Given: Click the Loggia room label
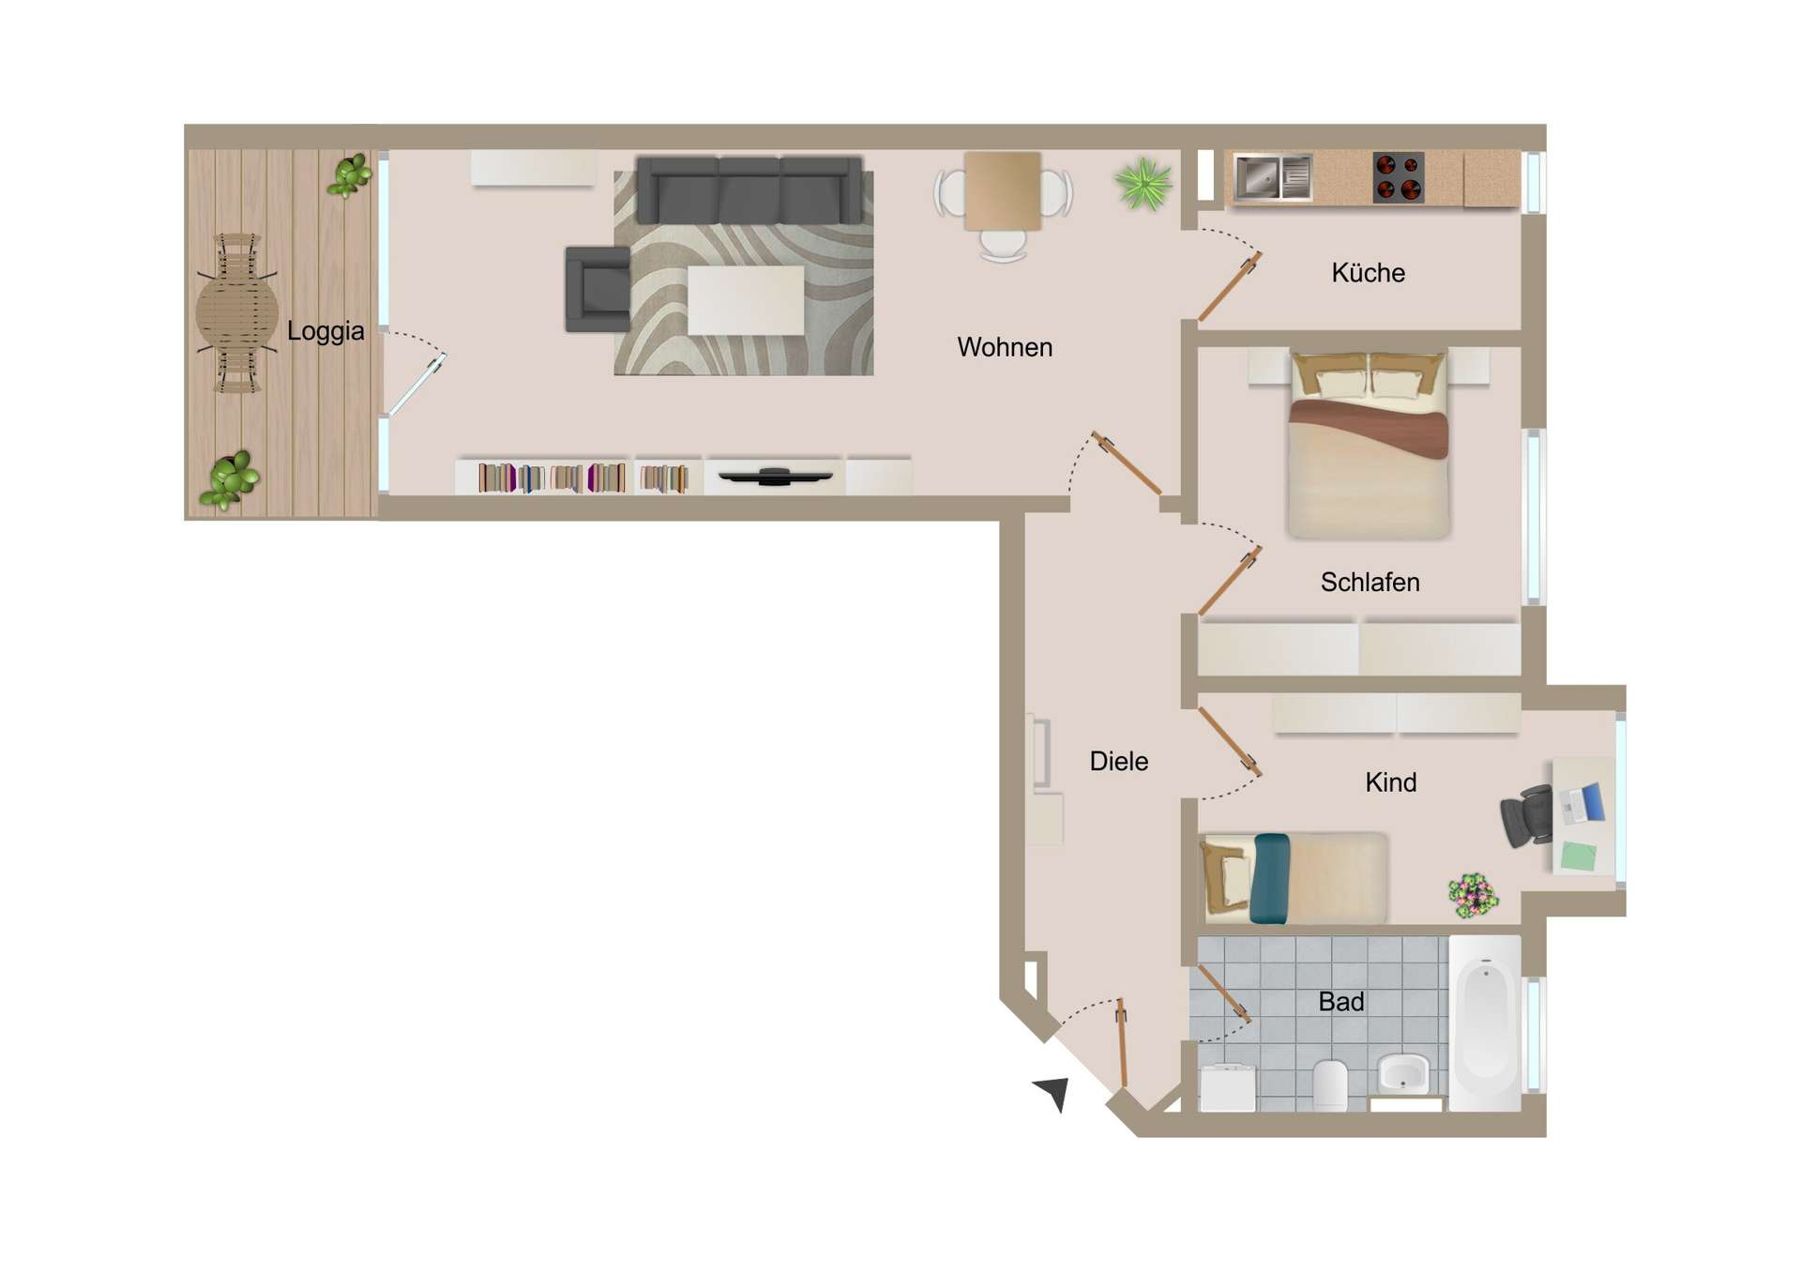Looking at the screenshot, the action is tap(325, 331).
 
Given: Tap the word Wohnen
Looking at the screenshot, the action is tap(1005, 347).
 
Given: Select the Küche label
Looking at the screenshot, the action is tap(1368, 273).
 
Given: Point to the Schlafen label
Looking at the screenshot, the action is tap(1370, 583).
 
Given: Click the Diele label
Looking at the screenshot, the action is tap(1118, 761).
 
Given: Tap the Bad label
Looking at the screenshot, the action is tap(1340, 1002).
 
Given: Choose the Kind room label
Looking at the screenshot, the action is tap(1390, 782).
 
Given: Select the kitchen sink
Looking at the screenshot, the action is tap(1273, 176).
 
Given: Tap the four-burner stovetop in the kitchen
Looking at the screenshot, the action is tap(1399, 177).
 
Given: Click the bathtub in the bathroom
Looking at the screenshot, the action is tap(1485, 1023).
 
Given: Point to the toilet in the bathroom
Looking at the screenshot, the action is tap(1330, 1084).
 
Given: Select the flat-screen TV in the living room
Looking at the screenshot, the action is tap(775, 477).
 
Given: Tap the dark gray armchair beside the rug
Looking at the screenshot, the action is tap(598, 290).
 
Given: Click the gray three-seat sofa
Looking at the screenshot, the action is tap(749, 190).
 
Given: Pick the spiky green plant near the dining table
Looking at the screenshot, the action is tap(1143, 183).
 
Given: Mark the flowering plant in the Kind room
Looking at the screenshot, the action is tap(1473, 895).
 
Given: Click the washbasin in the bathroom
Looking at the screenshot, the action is tap(1403, 1073).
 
